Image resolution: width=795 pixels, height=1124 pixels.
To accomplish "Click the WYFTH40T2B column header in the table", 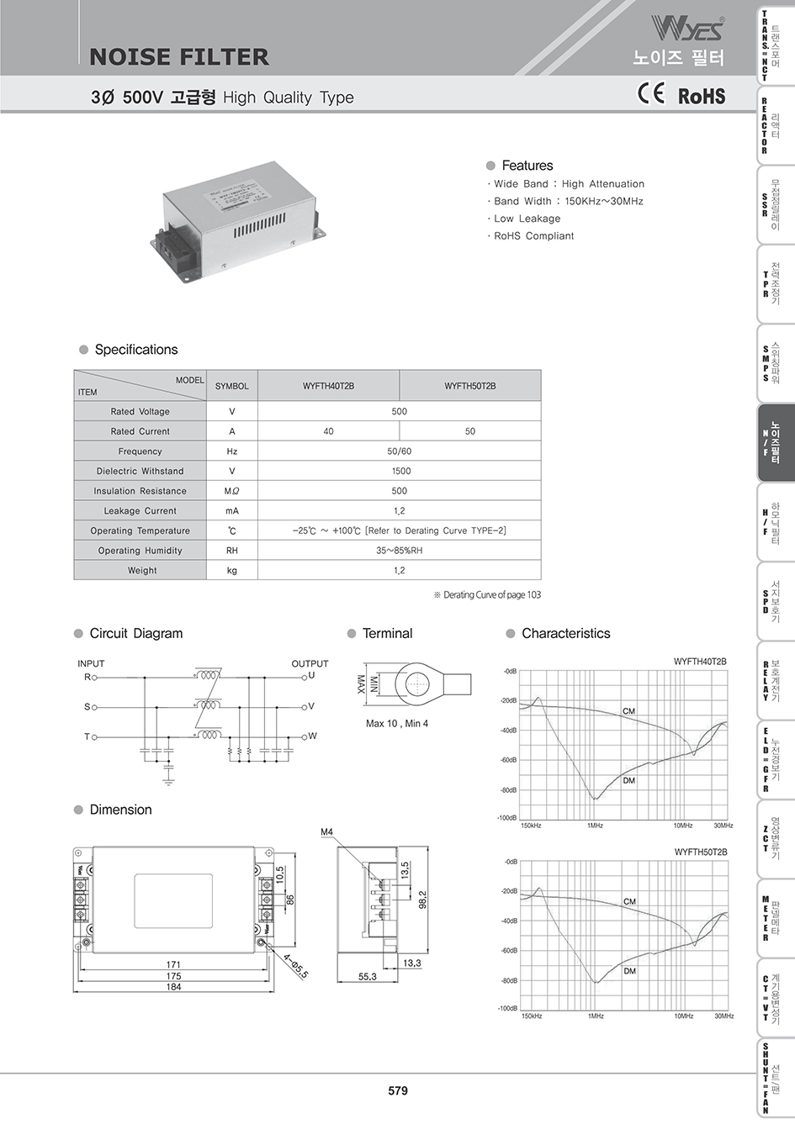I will click(x=328, y=386).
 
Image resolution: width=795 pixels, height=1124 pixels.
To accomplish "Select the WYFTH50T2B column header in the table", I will click(x=469, y=386).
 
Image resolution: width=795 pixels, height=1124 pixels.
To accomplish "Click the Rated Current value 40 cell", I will click(x=328, y=431).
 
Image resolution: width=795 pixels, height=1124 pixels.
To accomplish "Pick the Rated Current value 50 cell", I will click(x=469, y=431).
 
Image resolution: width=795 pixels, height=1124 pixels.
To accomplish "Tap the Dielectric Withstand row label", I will click(x=140, y=471).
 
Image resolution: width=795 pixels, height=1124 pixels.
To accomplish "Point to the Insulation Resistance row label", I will click(x=140, y=491).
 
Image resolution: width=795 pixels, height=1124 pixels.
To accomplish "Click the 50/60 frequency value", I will click(x=399, y=451).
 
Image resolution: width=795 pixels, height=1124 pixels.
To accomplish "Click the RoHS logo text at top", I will click(x=702, y=96).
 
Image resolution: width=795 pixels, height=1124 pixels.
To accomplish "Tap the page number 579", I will click(x=398, y=1090).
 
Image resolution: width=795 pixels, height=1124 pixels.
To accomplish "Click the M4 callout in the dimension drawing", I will click(x=327, y=832).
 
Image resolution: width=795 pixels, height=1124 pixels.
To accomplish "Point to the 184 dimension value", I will click(x=172, y=987).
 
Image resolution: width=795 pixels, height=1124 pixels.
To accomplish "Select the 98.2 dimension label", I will click(x=423, y=900).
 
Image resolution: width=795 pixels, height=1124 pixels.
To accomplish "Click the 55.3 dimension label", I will click(x=368, y=977).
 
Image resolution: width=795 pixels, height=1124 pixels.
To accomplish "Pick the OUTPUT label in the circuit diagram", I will click(x=310, y=663).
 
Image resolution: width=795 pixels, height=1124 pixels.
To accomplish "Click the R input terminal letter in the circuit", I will click(x=87, y=677).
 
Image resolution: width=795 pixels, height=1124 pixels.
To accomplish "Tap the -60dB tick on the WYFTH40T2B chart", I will click(x=509, y=760).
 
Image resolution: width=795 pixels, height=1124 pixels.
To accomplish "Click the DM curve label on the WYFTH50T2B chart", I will click(x=629, y=971).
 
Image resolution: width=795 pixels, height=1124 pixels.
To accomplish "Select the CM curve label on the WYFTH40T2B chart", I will click(x=628, y=711).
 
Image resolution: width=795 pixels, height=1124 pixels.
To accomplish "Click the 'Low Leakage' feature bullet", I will click(x=527, y=219).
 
